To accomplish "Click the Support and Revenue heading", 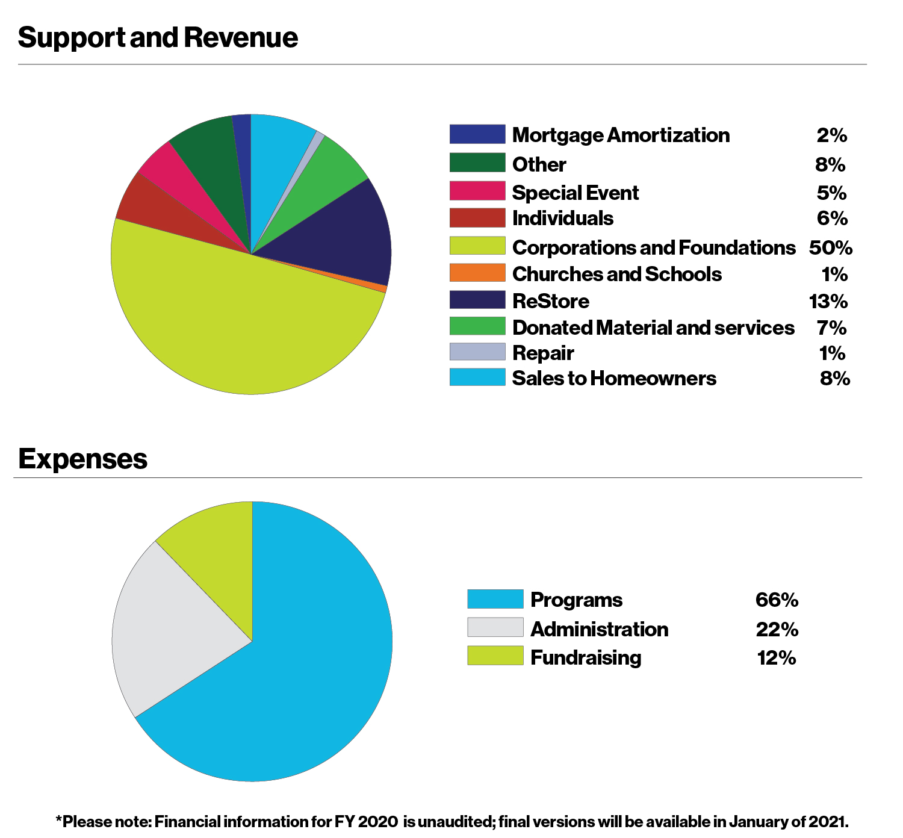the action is pos(158,37).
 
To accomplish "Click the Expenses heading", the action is pos(82,459).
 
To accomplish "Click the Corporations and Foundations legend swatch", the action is pos(477,246).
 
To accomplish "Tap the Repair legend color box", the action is pos(477,352).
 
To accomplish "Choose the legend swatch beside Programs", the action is pos(495,599).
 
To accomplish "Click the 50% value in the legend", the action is pos(830,248).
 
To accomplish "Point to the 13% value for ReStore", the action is pos(828,301).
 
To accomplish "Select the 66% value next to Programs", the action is pos(777,600).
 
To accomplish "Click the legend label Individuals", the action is pos(563,219).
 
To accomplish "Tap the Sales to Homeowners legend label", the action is pos(614,378).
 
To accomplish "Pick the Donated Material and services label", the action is pos(653,327).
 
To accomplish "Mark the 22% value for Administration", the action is pos(777,630).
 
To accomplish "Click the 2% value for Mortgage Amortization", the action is pos(831,135).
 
